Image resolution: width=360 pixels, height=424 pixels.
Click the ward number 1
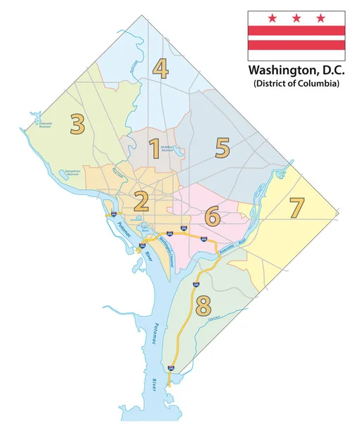[154, 149]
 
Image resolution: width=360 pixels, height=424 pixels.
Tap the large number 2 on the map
[141, 203]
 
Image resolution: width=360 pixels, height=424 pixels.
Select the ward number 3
[78, 124]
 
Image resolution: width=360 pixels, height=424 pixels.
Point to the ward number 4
[161, 69]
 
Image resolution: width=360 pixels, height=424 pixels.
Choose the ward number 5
[223, 148]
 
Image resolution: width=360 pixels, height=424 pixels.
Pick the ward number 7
[296, 208]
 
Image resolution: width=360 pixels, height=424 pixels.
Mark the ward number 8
[203, 305]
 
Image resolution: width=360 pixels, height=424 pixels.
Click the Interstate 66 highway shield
[114, 213]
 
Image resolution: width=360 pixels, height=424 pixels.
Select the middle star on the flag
[296, 18]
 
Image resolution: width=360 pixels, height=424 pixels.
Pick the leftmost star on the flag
[271, 18]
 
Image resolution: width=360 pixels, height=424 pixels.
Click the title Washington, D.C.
[295, 71]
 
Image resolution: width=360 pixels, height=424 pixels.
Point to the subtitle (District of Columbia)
[296, 84]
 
